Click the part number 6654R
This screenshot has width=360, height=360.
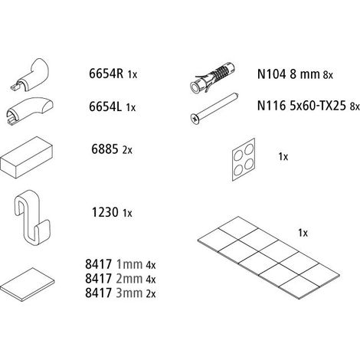pos(106,74)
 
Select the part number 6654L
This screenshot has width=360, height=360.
pos(105,106)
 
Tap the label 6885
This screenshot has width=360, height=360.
pos(105,149)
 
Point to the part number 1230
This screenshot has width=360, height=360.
pos(105,212)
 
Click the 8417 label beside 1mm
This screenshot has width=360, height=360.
pos(99,264)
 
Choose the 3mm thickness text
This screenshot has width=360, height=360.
pos(129,293)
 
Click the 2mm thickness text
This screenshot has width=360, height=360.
pos(129,279)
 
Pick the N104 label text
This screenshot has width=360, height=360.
pos(271,74)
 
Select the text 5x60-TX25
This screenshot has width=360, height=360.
pos(318,106)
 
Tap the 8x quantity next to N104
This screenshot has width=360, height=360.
pos(328,75)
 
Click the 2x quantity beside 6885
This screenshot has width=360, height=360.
pos(127,150)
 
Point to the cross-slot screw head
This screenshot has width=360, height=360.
pos(195,119)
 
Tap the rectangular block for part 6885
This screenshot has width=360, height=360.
pos(27,157)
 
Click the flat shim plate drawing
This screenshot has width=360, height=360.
pos(28,284)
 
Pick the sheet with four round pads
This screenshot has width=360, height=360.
pos(244,159)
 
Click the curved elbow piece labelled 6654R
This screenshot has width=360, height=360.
pos(29,74)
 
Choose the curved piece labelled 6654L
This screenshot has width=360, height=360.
pos(28,111)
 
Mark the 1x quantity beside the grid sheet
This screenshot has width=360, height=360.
pos(303,233)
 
